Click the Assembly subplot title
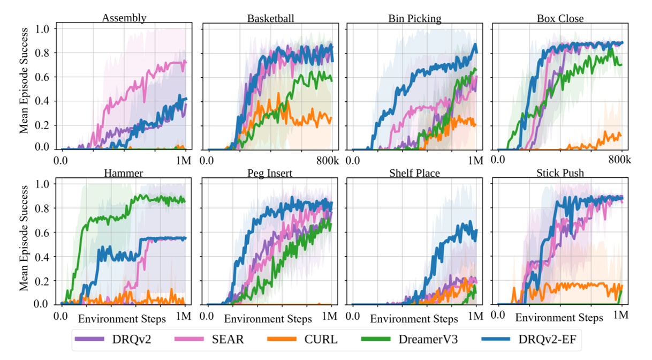(x=124, y=19)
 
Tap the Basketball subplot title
(x=270, y=19)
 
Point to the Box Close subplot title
(x=560, y=19)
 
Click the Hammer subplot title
(x=124, y=174)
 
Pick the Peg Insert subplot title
(x=270, y=174)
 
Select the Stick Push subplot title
(x=560, y=174)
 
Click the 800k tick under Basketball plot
(x=327, y=161)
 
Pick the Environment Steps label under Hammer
(x=122, y=319)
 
